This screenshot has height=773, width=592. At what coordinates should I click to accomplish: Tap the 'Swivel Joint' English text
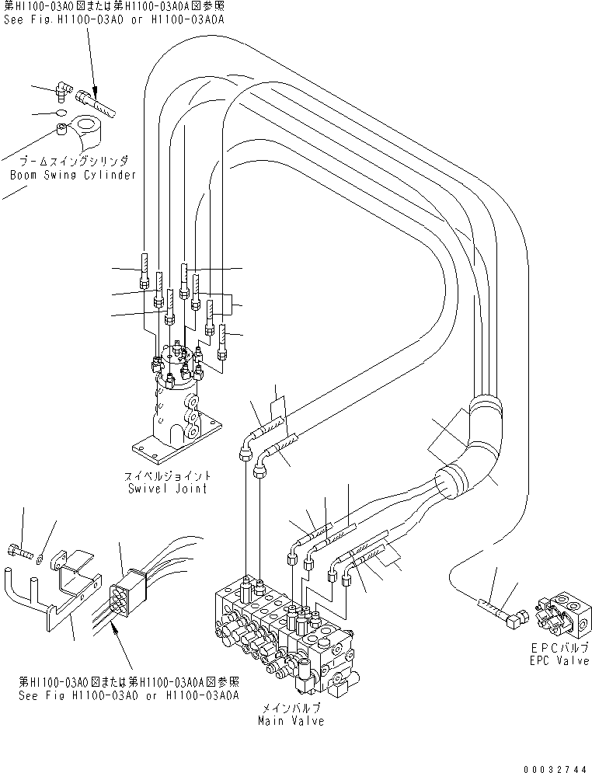170,489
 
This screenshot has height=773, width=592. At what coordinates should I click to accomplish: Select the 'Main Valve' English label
291,721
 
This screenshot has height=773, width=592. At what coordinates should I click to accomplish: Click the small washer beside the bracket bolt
39,556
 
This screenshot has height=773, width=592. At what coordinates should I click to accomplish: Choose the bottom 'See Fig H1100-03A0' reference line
128,695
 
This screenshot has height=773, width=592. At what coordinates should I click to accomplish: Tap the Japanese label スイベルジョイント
170,476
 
